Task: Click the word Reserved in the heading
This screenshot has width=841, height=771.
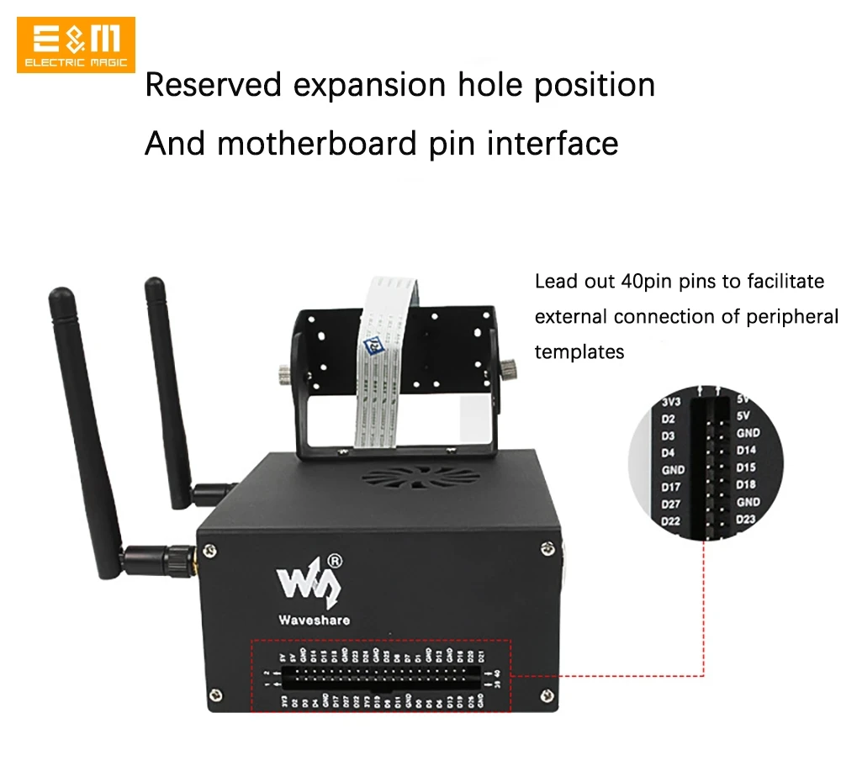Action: pos(213,85)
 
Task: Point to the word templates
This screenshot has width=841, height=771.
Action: pos(579,351)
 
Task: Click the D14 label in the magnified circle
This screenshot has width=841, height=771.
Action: pos(747,450)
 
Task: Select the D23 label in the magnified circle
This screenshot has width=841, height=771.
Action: pos(747,519)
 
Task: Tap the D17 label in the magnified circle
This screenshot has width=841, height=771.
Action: pos(671,486)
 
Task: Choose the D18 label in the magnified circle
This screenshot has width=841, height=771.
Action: pos(746,484)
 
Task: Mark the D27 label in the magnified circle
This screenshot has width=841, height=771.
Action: pos(671,504)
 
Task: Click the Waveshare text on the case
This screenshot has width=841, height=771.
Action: pos(314,620)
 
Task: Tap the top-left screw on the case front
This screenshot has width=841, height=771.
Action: pos(209,552)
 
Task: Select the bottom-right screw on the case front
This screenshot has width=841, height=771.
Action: pos(547,696)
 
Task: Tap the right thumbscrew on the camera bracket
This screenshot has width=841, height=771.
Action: pos(509,367)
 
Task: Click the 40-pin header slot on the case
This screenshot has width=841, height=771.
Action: pos(383,678)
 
